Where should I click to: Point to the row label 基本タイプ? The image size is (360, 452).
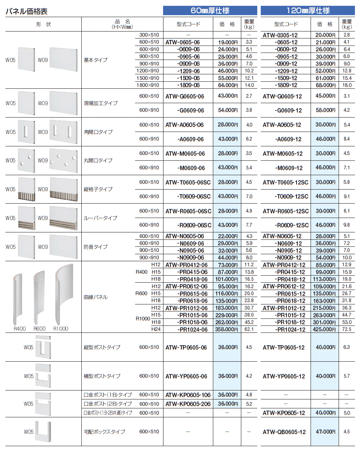[x=96, y=60]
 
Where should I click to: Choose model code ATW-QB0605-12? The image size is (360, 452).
[x=284, y=432]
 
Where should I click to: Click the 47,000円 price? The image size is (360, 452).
[x=324, y=432]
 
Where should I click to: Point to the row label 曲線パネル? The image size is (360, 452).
[x=96, y=297]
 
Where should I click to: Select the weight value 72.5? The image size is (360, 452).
[x=346, y=329]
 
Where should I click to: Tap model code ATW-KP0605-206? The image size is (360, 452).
[x=188, y=404]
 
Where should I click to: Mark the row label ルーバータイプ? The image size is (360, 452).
[x=100, y=218]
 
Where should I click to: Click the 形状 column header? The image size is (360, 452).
[x=43, y=24]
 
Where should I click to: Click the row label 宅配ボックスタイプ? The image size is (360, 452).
[x=105, y=432]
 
